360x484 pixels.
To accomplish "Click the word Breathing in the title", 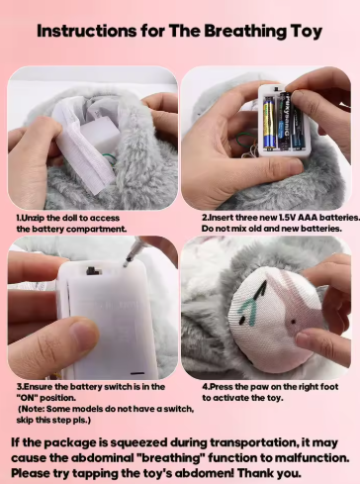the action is pyautogui.click(x=245, y=32).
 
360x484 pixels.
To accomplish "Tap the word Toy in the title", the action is pyautogui.click(x=306, y=32).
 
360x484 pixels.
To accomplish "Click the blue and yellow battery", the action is pyautogui.click(x=270, y=123).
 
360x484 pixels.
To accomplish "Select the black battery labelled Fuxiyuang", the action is pyautogui.click(x=284, y=121).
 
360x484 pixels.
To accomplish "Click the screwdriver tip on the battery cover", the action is pyautogui.click(x=126, y=264).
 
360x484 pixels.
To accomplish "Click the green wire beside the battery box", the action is pyautogui.click(x=245, y=140).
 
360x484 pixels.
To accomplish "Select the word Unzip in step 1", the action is pyautogui.click(x=33, y=218).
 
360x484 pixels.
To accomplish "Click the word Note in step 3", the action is pyautogui.click(x=33, y=409).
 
